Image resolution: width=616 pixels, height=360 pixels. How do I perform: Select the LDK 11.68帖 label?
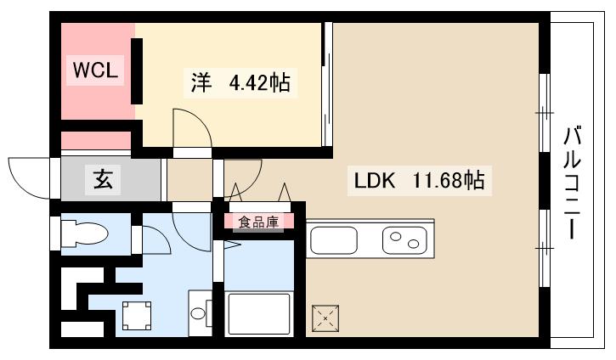pyautogui.click(x=419, y=180)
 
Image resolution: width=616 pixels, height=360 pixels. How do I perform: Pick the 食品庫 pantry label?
pyautogui.click(x=258, y=222)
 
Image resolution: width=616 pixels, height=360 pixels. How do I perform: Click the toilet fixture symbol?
pyautogui.click(x=83, y=235)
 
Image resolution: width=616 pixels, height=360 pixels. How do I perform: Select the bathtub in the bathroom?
pyautogui.click(x=258, y=313)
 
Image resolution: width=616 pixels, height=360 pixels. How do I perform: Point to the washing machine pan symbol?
pyautogui.click(x=136, y=317)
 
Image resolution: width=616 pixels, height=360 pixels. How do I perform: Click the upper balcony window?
pyautogui.click(x=544, y=110)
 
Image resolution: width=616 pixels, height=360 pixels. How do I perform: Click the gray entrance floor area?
pyautogui.click(x=110, y=179)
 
